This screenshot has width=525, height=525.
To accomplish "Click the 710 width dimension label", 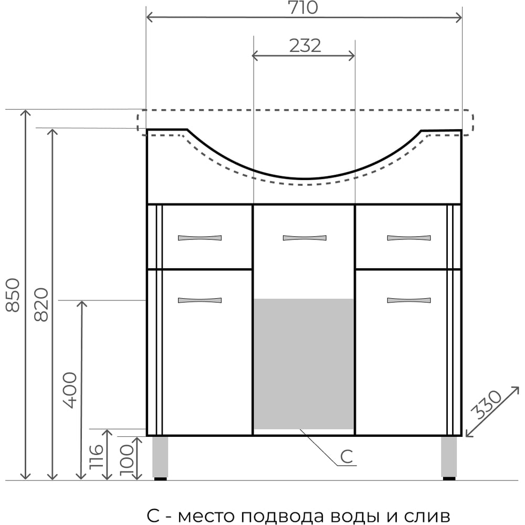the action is tap(303, 7).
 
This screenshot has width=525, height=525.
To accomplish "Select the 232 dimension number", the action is tap(305, 46).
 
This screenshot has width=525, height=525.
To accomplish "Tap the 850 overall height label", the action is tap(13, 295).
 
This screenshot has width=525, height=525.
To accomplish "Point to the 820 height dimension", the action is tap(41, 304).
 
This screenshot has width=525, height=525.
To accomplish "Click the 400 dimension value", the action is tap(70, 391).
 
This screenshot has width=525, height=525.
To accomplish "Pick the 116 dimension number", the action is tap(96, 456).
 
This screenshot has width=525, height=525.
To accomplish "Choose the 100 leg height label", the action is tap(127, 459).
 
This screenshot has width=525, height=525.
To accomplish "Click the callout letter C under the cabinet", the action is tap(346, 456).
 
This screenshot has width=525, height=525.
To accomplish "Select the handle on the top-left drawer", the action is tap(199, 238).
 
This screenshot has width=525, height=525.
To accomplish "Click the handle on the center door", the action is tap(304, 238).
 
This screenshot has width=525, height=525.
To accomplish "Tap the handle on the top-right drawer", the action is tap(409, 238).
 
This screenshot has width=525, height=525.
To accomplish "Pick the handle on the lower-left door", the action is tap(199, 300).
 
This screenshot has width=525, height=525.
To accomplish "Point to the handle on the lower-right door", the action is tap(409, 300).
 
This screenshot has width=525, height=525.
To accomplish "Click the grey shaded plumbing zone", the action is tap(304, 364).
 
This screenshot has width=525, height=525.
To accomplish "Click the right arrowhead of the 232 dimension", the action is tap(352, 56).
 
